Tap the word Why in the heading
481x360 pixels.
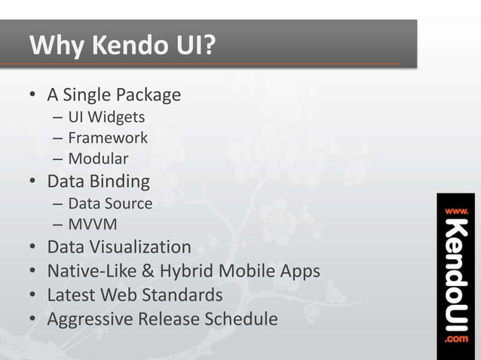click(57, 46)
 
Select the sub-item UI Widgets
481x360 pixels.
click(106, 117)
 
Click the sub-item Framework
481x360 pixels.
click(108, 138)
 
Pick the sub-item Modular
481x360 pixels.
click(98, 159)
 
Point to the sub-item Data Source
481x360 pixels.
click(110, 203)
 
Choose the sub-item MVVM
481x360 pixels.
click(93, 224)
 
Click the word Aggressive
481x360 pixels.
click(89, 319)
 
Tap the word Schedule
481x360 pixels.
click(241, 319)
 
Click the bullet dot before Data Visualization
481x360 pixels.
click(33, 248)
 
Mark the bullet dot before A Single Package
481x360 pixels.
click(33, 96)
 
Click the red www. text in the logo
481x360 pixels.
click(458, 211)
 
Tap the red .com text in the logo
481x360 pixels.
click(458, 340)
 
